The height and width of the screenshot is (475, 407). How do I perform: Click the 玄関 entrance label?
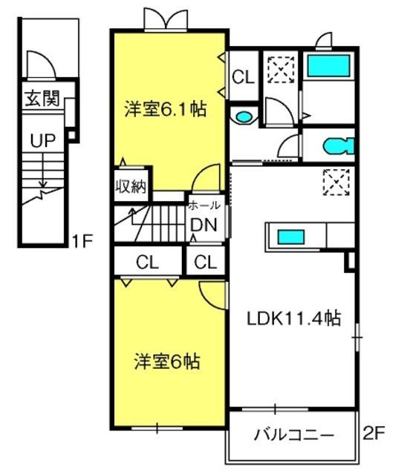42,98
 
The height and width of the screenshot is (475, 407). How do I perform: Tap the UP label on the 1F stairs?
43,140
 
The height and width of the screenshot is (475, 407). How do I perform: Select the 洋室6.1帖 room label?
166,109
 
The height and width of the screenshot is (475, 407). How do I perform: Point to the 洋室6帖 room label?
167,361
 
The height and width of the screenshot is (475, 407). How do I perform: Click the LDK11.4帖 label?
294,318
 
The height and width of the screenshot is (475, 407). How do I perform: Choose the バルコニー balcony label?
293,436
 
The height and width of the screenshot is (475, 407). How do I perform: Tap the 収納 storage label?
131,186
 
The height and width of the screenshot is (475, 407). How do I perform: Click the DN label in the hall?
203,225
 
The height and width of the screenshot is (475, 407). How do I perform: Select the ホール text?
204,206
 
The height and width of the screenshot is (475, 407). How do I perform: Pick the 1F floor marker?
82,241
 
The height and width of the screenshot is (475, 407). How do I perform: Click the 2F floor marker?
374,433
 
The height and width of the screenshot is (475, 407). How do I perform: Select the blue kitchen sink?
291,237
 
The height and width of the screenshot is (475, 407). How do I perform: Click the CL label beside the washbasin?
243,76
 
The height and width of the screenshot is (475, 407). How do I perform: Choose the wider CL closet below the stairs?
147,262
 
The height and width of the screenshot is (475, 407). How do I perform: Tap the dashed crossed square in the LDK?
336,182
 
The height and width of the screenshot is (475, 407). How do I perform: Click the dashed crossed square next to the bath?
281,69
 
